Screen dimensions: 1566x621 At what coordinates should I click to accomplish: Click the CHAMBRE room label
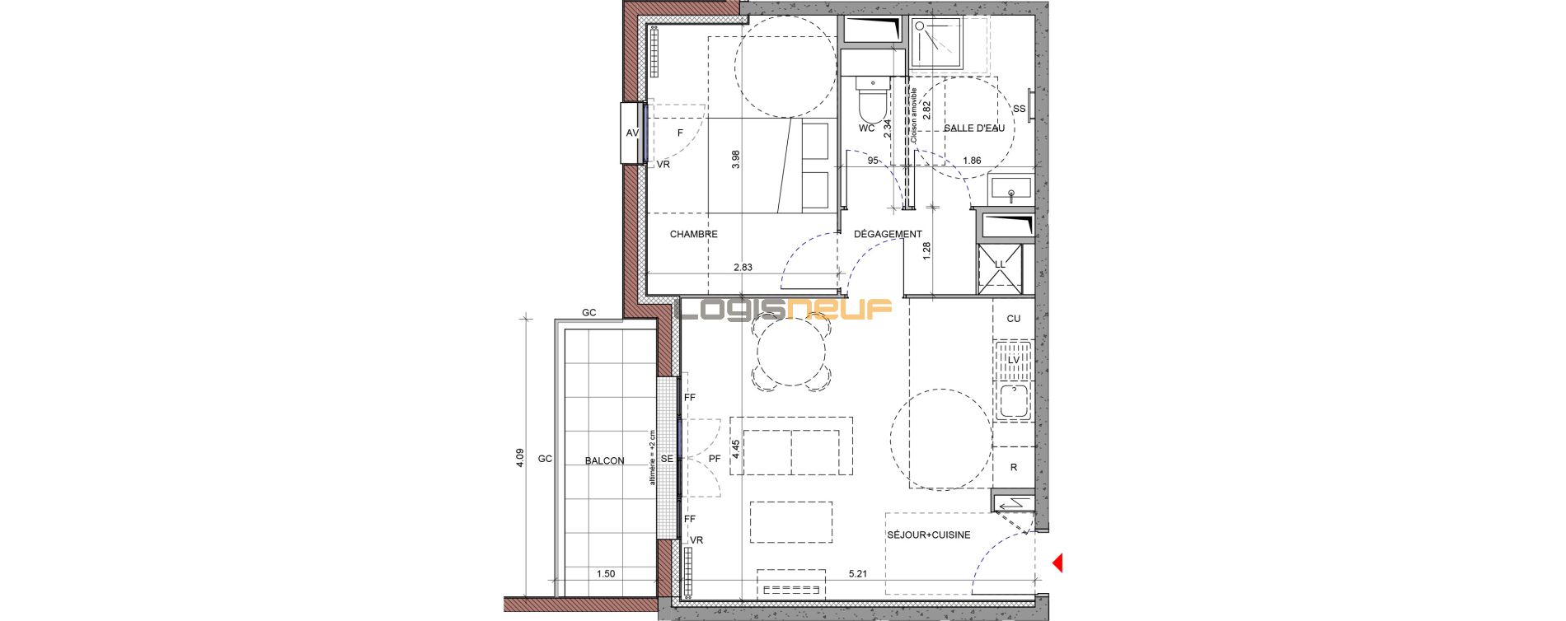[x=693, y=234]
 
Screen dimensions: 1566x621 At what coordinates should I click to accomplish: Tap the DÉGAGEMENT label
[x=888, y=234]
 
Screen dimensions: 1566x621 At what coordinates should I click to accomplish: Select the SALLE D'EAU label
[x=974, y=128]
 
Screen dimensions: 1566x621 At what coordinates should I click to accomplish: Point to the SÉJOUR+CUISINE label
[x=928, y=535]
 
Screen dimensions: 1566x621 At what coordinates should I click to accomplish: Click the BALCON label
[x=604, y=461]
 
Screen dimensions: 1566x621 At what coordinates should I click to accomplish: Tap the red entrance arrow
[x=1057, y=563]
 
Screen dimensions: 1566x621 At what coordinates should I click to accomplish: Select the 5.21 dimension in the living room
[x=857, y=574]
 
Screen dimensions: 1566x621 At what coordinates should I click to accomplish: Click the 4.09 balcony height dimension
[x=519, y=457]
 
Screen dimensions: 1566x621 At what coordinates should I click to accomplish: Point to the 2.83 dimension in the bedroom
[x=743, y=267]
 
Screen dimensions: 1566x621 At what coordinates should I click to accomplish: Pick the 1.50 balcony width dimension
[x=606, y=574]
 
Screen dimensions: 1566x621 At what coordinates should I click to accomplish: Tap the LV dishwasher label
[x=1014, y=360]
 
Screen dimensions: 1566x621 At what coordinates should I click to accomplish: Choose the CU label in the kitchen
[x=1014, y=319]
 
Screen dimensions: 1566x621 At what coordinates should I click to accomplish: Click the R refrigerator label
[x=1014, y=467]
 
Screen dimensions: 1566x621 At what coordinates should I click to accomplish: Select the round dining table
[x=790, y=352]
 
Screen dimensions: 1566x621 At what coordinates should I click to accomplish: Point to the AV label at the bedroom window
[x=632, y=133]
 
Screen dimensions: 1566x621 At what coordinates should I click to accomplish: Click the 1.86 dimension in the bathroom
[x=973, y=161]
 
